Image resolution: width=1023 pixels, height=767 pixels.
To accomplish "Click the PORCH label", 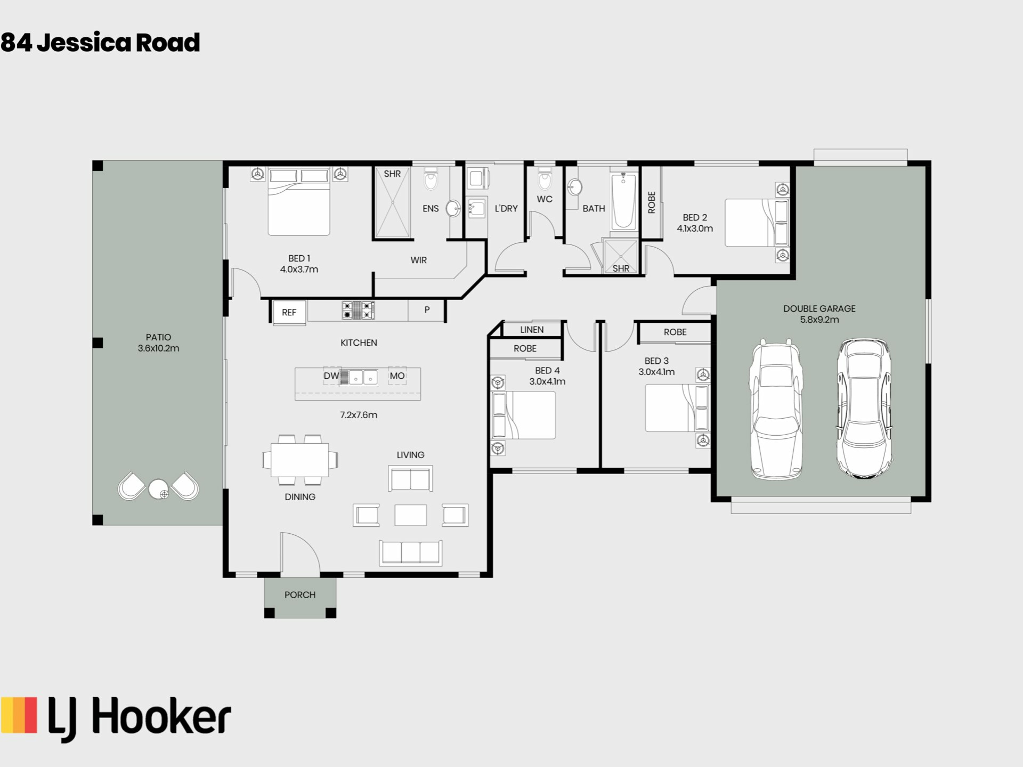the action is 300,594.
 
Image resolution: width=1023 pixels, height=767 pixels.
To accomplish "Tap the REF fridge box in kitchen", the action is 289,312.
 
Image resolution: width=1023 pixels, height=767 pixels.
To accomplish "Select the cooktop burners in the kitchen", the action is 358,310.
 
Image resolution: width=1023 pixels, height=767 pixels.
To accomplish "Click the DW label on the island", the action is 331,376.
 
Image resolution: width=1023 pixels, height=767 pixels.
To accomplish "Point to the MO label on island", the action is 397,376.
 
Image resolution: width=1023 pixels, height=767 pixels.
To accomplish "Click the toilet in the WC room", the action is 544,179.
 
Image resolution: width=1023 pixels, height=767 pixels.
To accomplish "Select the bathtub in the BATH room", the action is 623,201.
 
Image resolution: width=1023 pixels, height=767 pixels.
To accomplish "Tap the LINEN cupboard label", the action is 532,330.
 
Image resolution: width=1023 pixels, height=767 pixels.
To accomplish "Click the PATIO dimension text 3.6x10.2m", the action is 158,348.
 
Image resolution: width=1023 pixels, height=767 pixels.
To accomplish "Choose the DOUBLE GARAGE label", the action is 819,308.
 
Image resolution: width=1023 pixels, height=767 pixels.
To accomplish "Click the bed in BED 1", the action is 299,202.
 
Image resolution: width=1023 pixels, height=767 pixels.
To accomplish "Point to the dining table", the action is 300,460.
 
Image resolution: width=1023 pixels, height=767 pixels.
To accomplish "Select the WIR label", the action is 418,260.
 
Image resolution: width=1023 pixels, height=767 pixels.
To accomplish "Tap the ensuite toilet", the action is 431,179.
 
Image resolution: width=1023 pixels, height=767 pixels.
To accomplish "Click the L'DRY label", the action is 506,208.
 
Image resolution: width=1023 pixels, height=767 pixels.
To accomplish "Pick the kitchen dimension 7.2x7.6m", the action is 359,415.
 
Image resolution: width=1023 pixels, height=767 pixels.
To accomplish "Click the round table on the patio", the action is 159,489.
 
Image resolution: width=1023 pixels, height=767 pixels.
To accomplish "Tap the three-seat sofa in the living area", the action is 410,552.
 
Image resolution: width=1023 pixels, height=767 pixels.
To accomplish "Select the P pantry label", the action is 427,309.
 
